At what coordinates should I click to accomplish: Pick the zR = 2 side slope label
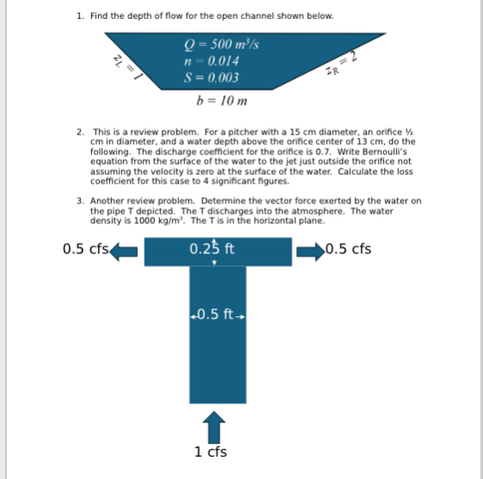point(344,64)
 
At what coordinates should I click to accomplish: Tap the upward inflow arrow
point(212,426)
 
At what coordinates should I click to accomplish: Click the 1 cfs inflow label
point(211,451)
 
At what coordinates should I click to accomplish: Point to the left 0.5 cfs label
point(85,250)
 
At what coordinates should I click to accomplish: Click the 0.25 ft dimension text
point(212,250)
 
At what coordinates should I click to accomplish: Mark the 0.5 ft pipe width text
point(212,314)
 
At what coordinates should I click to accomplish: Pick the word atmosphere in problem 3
point(311,211)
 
